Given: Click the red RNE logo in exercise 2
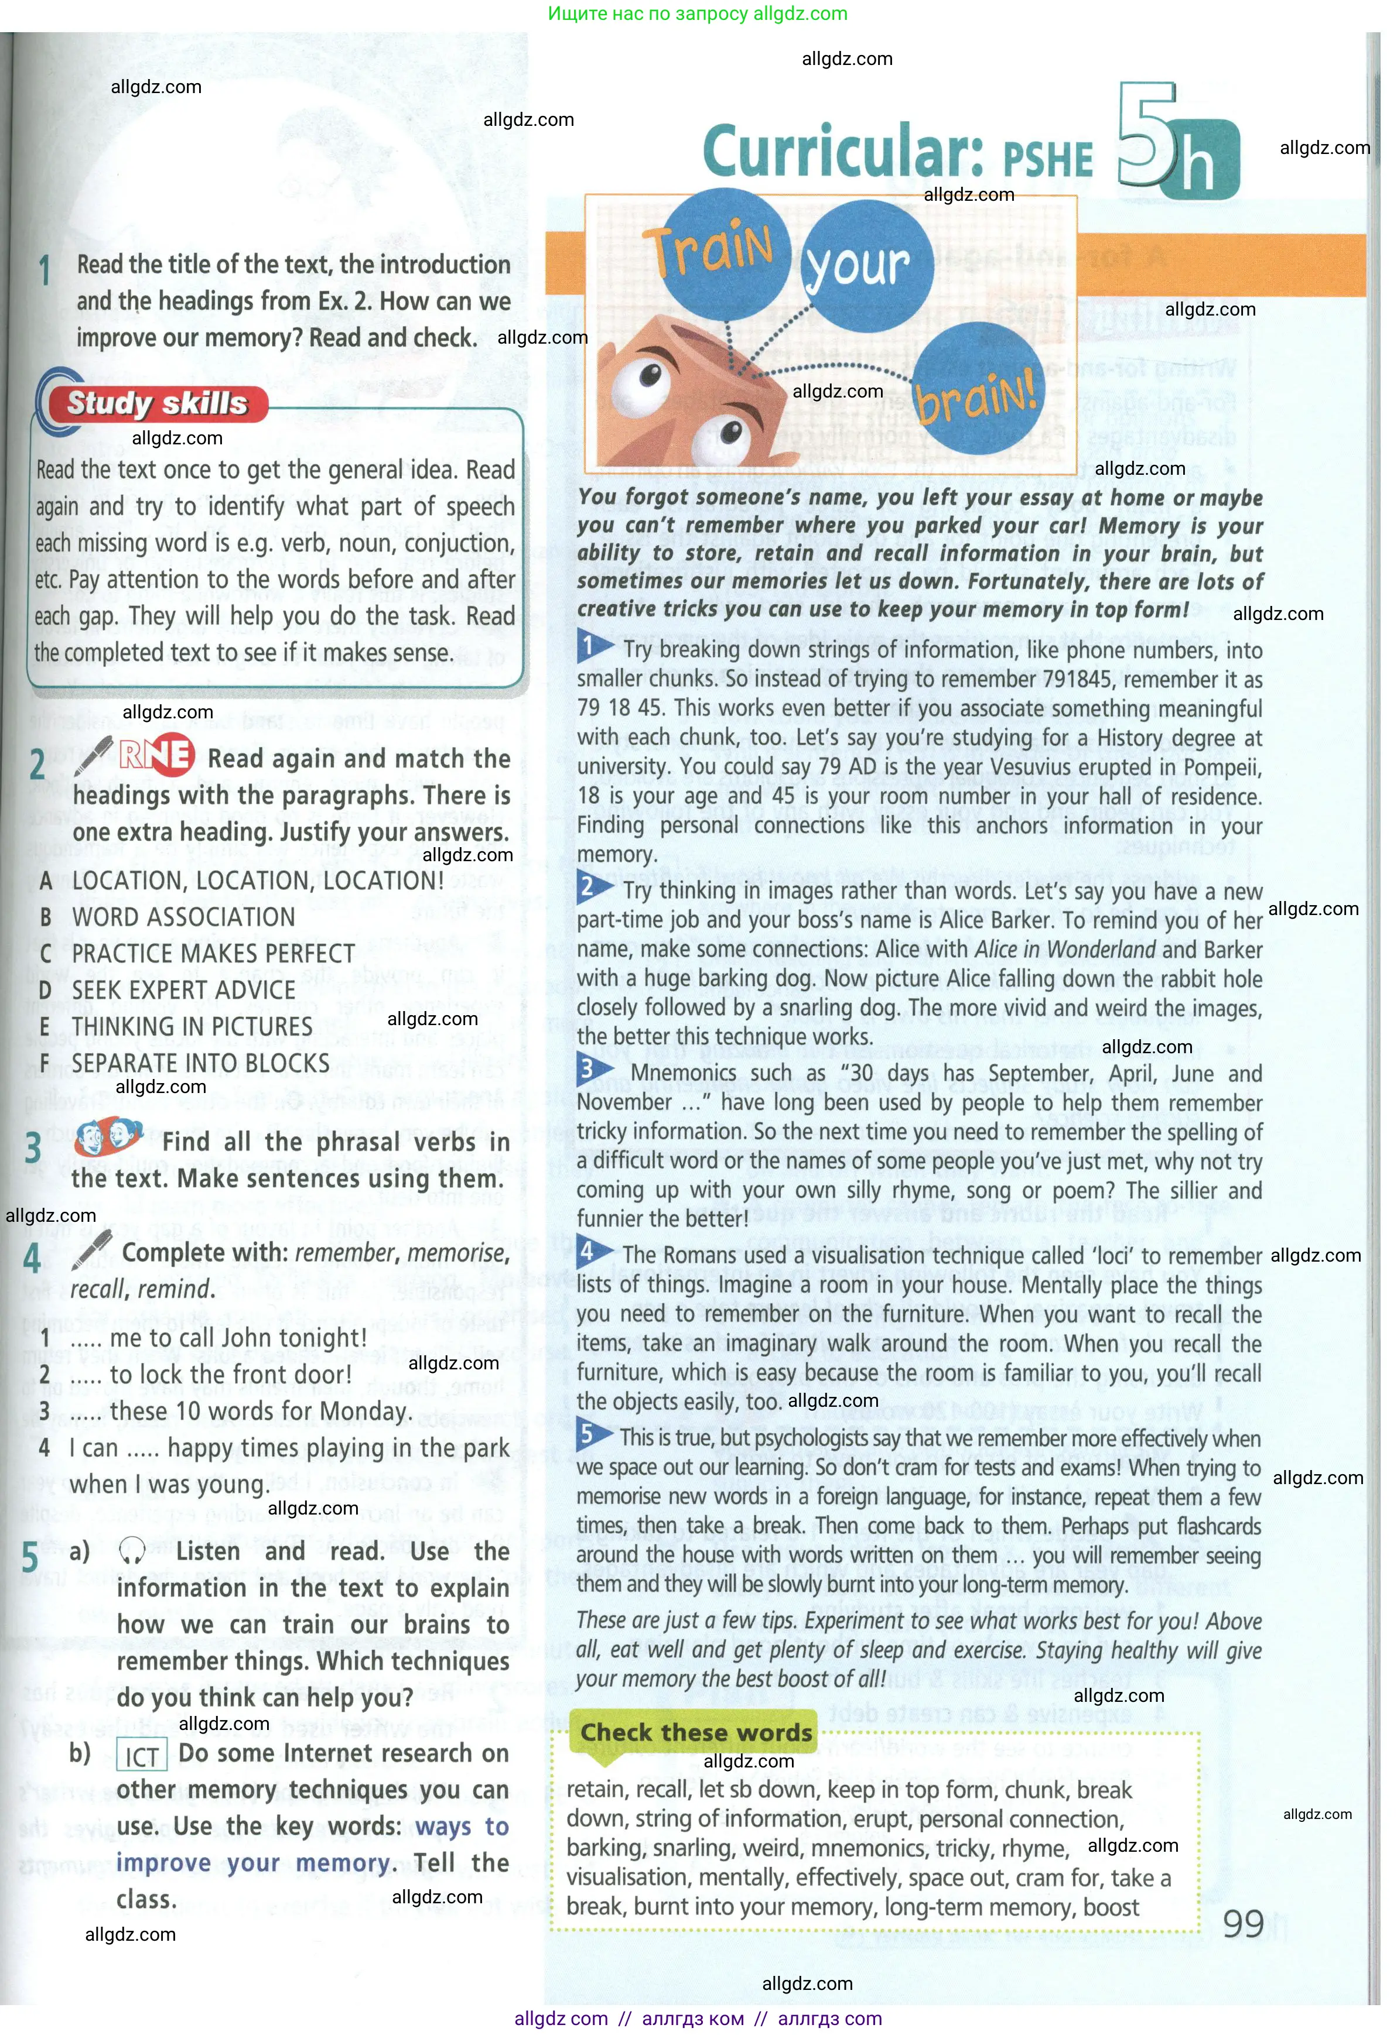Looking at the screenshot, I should (156, 754).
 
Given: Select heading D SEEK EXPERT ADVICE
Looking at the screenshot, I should (183, 991).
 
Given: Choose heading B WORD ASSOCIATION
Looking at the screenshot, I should (183, 917).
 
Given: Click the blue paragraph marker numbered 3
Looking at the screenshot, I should (588, 1069).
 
